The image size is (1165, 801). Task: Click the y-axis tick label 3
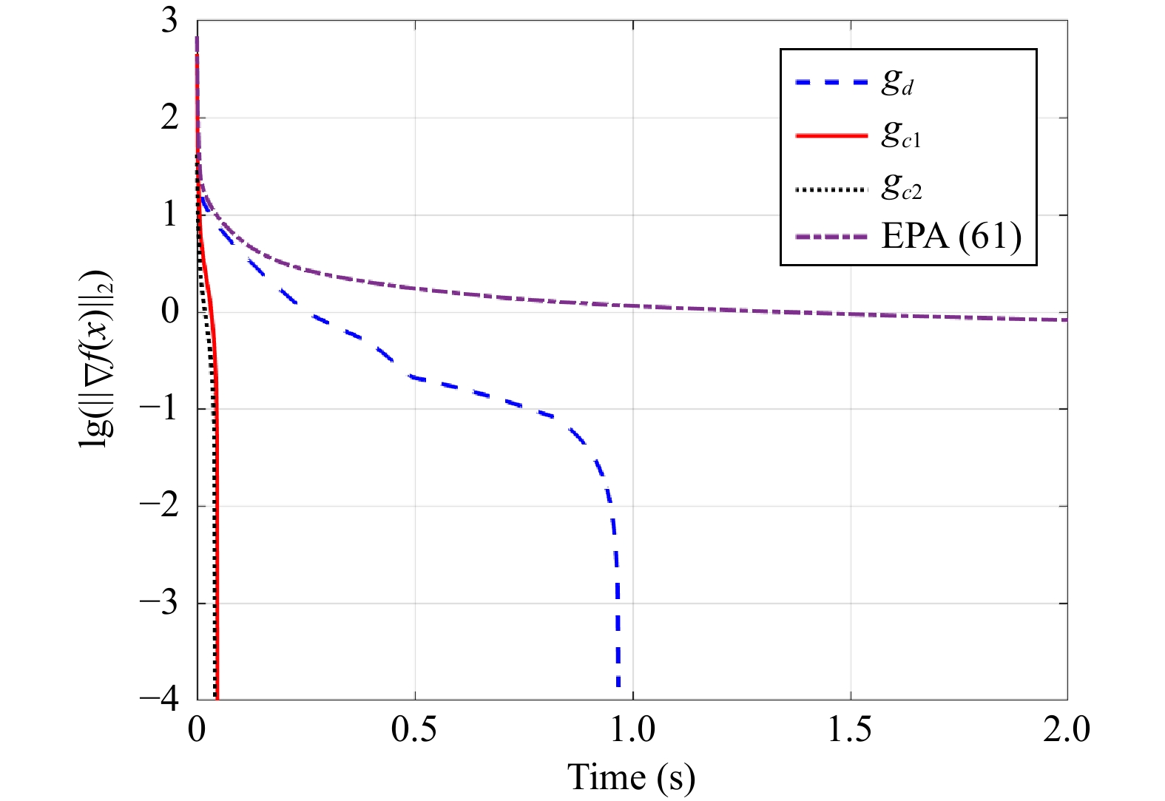coord(169,21)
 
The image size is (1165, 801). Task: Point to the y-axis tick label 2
coord(169,118)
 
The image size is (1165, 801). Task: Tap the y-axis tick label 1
coord(169,214)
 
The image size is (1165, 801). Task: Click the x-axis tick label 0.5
coord(414,730)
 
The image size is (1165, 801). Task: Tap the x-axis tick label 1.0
coord(632,730)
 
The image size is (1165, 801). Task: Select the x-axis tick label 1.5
coord(850,730)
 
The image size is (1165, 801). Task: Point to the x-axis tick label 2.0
coord(1067,730)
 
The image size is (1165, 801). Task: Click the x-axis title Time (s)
coord(631,777)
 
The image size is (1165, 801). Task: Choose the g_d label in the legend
coord(897,82)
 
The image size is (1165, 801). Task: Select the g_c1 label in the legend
coord(901,135)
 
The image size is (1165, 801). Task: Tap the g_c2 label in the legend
coord(902,188)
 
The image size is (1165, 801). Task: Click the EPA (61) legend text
coord(951,237)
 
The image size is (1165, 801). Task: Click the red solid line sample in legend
coord(831,136)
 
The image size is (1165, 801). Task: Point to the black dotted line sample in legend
coord(831,190)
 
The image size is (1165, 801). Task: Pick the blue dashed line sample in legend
coord(831,83)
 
